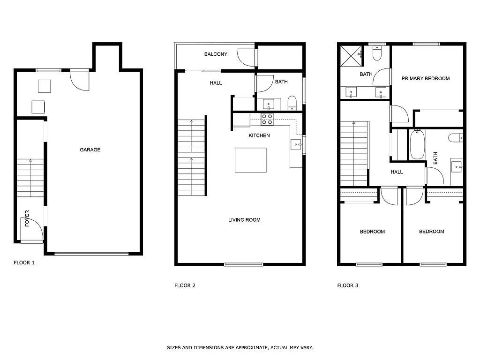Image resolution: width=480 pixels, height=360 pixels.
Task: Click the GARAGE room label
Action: [90, 150]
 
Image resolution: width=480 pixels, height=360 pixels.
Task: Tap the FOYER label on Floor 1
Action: [27, 218]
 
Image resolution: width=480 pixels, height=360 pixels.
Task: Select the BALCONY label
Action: [216, 54]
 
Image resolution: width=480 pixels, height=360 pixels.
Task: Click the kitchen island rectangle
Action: [251, 160]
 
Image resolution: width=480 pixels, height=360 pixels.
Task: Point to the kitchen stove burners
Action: [267, 119]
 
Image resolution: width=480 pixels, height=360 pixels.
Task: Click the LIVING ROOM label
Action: [244, 220]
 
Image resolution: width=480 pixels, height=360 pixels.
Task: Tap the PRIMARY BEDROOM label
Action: [426, 79]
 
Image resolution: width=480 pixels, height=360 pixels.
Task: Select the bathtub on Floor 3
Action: [417, 145]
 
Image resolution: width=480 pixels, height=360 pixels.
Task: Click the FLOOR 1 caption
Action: [24, 263]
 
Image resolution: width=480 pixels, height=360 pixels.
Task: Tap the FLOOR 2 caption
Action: [185, 285]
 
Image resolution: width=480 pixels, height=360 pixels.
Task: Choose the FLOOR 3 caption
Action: [348, 285]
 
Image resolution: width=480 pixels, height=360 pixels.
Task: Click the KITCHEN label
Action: [259, 136]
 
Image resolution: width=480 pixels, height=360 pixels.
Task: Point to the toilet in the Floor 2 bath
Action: [292, 103]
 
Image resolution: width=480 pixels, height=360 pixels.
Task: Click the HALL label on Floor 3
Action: [397, 172]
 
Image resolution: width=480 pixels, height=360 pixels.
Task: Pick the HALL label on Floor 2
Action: [216, 83]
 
